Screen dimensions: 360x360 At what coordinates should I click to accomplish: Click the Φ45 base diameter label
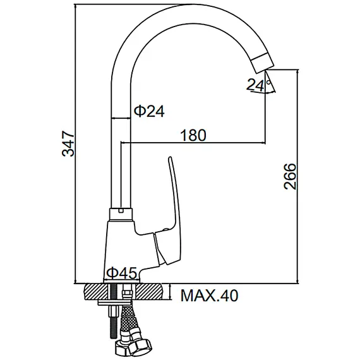click(121, 273)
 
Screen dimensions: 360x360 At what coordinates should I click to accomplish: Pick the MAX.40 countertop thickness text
click(210, 295)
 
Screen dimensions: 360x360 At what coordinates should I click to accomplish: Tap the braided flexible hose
click(130, 322)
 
